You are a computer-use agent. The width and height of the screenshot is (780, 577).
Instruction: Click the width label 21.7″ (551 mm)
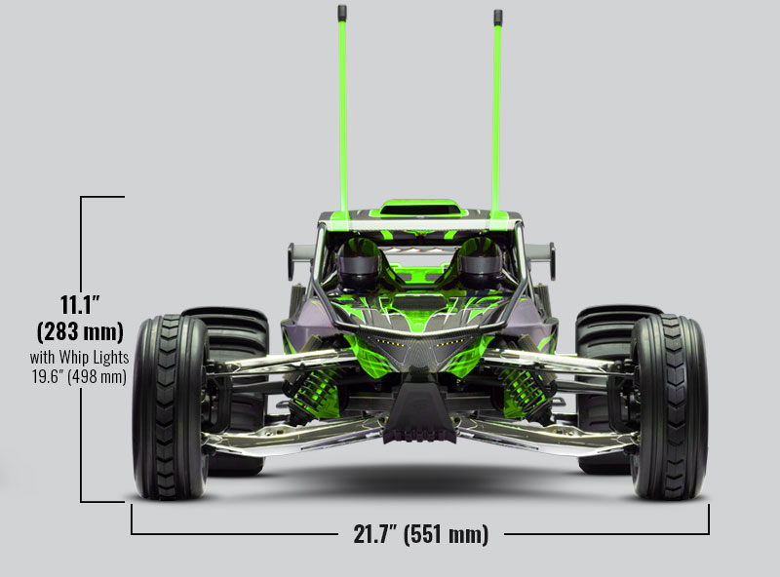[420, 533]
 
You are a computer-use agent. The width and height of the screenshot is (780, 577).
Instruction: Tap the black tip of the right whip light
[498, 17]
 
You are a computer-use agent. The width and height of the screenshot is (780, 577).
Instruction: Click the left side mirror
[292, 259]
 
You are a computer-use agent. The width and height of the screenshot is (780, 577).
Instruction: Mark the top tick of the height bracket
[102, 197]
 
